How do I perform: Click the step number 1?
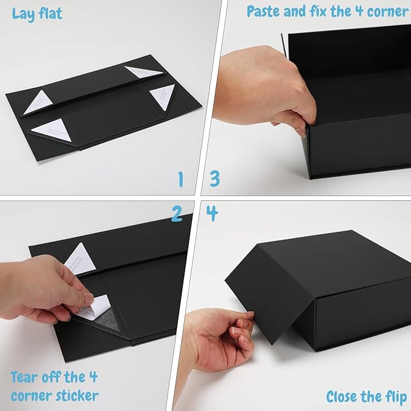pos(180,179)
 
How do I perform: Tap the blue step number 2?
pos(177,213)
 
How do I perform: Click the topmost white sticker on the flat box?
pos(143,72)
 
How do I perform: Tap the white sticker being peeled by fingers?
pos(94,306)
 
